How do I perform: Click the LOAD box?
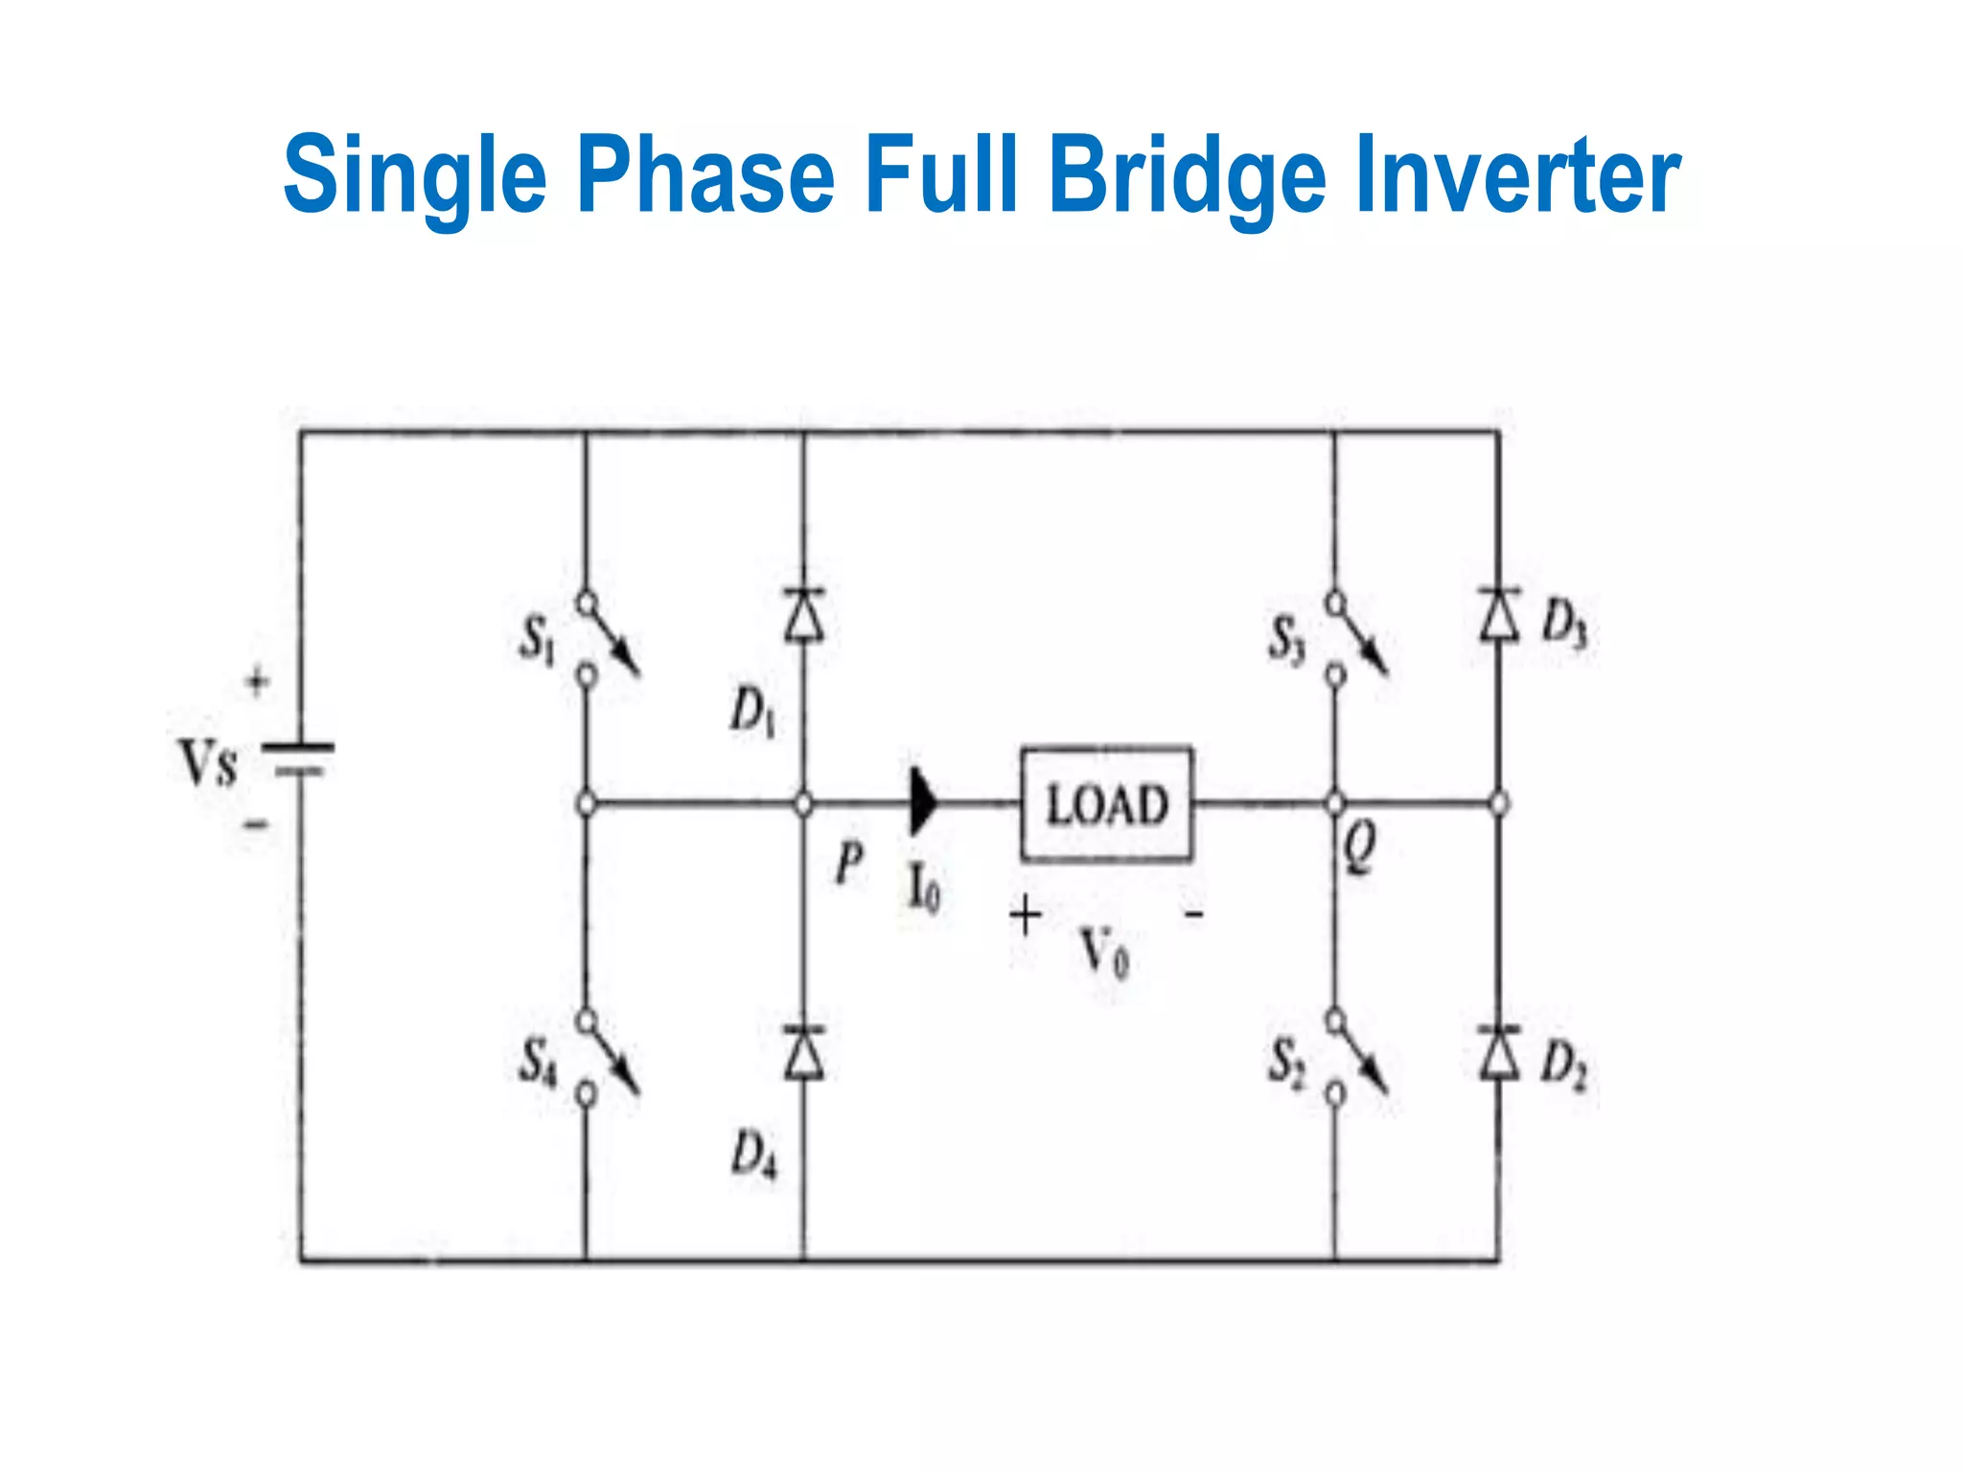tap(1106, 803)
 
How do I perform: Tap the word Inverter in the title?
tap(1517, 174)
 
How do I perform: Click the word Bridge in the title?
tap(1188, 174)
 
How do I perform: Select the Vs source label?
tap(207, 764)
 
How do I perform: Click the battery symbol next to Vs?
tap(299, 757)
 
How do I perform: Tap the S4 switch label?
tap(537, 1062)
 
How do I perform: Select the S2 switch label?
tap(1285, 1062)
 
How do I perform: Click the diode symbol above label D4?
tap(803, 1052)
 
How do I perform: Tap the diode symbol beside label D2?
tap(1498, 1052)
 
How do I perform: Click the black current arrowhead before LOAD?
tap(922, 802)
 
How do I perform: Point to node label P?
tap(848, 862)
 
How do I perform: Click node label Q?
tap(1358, 847)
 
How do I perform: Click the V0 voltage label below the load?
tap(1104, 953)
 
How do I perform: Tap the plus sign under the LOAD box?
tap(1025, 914)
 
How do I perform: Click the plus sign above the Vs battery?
tap(256, 682)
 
